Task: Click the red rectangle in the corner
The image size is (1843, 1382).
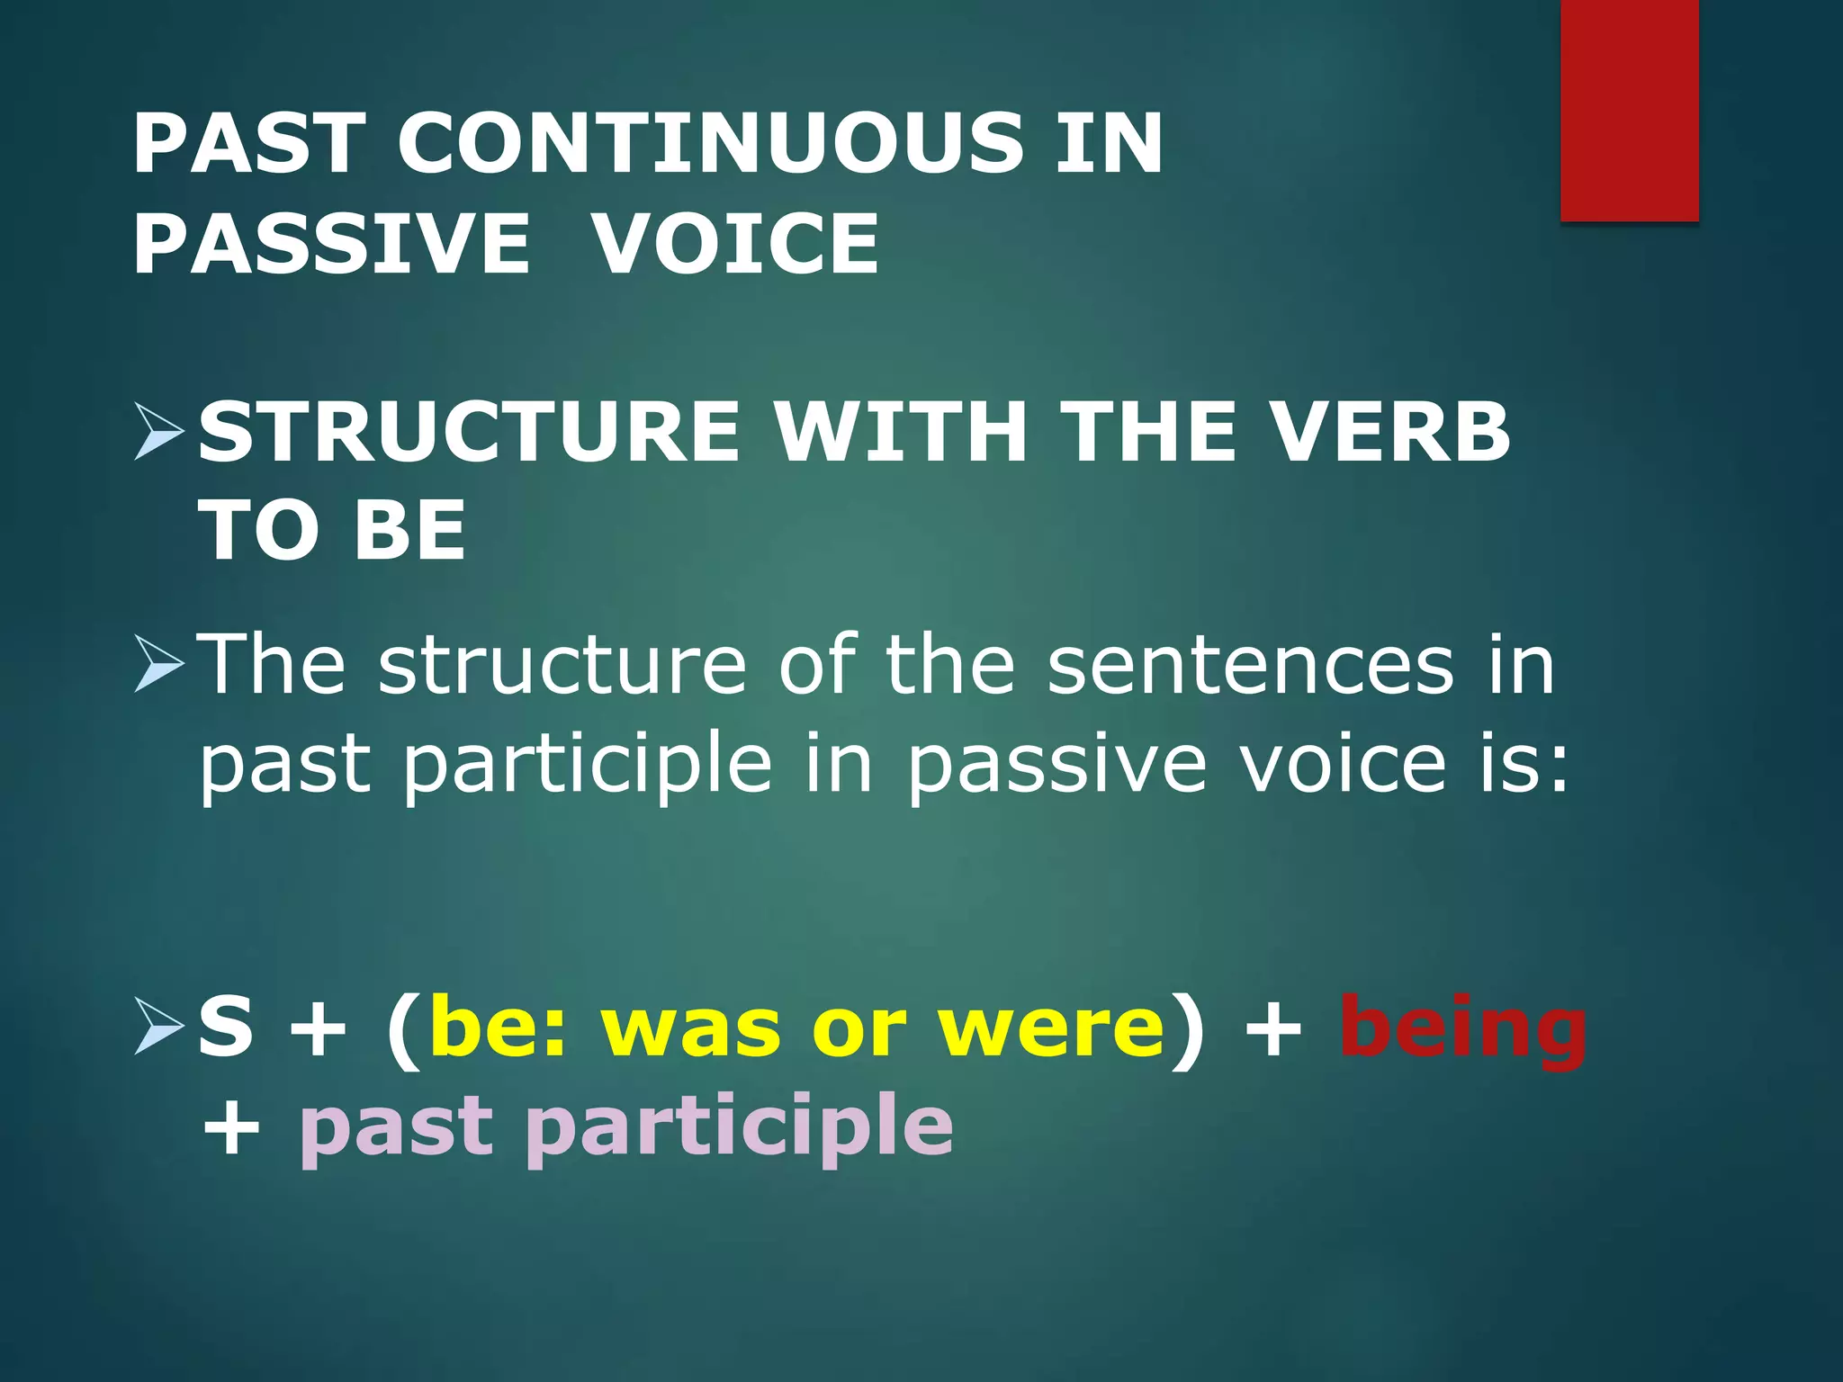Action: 1629,110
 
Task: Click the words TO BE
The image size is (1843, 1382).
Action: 331,531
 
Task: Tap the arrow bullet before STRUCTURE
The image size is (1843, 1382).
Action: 158,432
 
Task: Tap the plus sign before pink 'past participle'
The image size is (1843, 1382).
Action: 231,1129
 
